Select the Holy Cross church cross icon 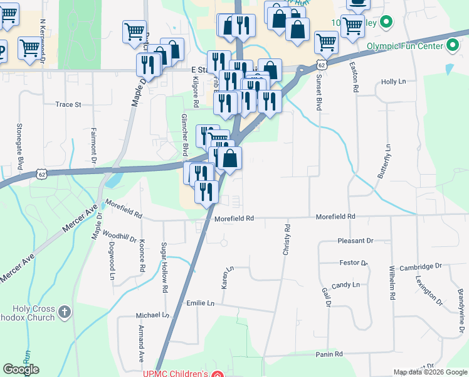[63, 312]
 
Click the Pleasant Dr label [355, 241]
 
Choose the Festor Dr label [353, 263]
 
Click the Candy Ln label [346, 285]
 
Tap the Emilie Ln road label [201, 303]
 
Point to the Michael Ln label [153, 315]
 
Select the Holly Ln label [394, 82]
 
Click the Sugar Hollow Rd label [164, 268]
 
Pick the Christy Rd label [286, 239]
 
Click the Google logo [21, 369]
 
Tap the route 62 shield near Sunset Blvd [321, 65]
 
